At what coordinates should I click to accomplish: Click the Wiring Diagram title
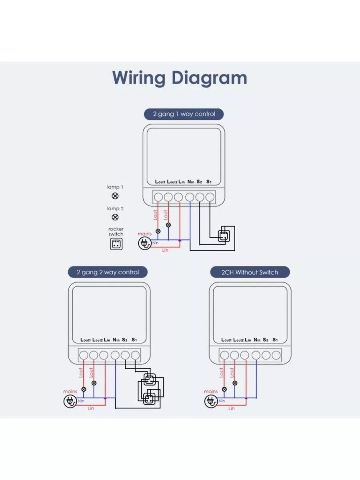pyautogui.click(x=180, y=78)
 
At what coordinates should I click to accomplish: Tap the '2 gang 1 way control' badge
pyautogui.click(x=184, y=114)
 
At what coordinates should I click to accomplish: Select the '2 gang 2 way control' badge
pyautogui.click(x=108, y=272)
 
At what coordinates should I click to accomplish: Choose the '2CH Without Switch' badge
pyautogui.click(x=250, y=272)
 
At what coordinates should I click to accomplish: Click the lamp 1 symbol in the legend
pyautogui.click(x=115, y=196)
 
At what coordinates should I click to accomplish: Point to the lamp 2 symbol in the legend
pyautogui.click(x=115, y=217)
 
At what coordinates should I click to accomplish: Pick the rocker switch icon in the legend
pyautogui.click(x=116, y=244)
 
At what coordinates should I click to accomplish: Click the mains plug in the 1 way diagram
pyautogui.click(x=144, y=242)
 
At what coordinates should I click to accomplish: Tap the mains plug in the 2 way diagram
pyautogui.click(x=69, y=401)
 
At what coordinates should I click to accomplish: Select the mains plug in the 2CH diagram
pyautogui.click(x=210, y=401)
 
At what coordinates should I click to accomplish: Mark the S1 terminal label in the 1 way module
pyautogui.click(x=208, y=182)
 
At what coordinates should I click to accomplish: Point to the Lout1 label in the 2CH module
pyautogui.click(x=226, y=340)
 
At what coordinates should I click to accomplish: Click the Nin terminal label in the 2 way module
pyautogui.click(x=116, y=340)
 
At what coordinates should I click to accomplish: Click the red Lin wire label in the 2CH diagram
pyautogui.click(x=231, y=408)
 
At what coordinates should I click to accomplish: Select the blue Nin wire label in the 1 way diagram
pyautogui.click(x=155, y=243)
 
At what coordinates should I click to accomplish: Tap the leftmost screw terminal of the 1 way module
pyautogui.click(x=158, y=197)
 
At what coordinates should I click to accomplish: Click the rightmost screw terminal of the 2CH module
pyautogui.click(x=276, y=355)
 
